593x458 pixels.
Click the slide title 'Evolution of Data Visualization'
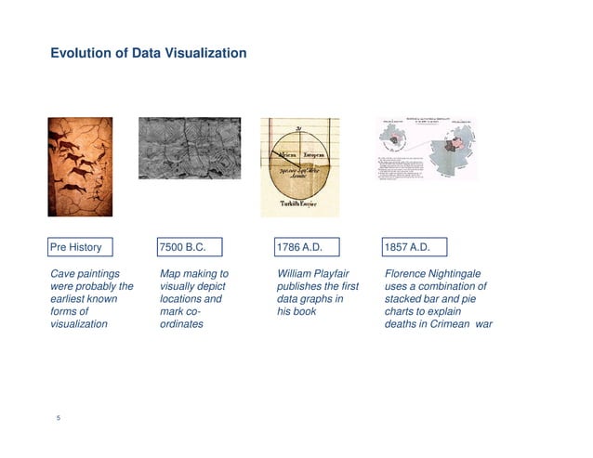point(148,53)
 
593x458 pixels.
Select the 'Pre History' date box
point(81,247)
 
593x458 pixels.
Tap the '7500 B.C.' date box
point(192,247)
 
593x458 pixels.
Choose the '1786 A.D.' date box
point(307,247)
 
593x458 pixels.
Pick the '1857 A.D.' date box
point(415,247)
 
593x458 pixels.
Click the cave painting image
point(80,167)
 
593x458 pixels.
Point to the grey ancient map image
point(190,148)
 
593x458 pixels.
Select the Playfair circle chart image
point(299,167)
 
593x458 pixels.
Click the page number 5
point(59,418)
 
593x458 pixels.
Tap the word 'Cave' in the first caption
point(62,274)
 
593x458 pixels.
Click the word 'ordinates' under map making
point(181,324)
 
